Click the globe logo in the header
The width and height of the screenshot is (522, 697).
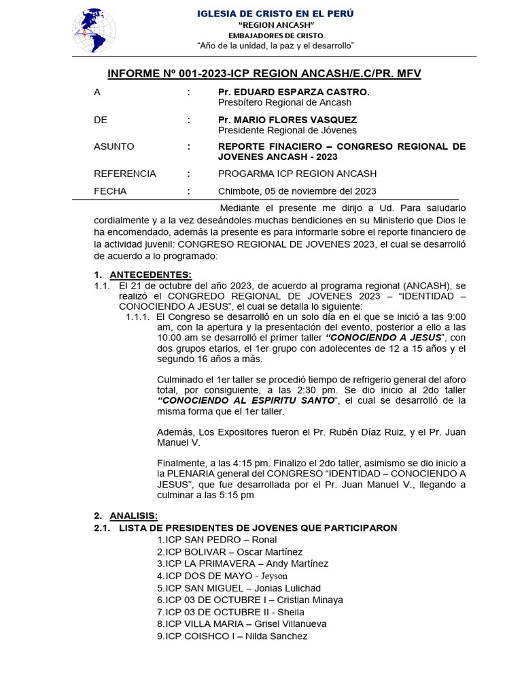pos(94,31)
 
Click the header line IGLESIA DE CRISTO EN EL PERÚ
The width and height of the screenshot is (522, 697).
pos(275,14)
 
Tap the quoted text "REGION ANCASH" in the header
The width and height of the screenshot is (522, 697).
pos(275,25)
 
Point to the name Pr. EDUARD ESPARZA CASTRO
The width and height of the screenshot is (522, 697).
pos(294,92)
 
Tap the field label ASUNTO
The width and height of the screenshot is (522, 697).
pos(114,146)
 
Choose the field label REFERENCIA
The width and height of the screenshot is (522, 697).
pos(125,174)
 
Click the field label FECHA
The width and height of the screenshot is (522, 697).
pos(110,191)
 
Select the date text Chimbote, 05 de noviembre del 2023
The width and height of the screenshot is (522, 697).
pos(297,191)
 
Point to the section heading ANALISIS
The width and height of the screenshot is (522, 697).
pos(133,515)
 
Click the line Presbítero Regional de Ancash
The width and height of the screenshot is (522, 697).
pos(285,103)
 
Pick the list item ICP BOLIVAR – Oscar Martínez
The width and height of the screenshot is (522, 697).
pos(230,552)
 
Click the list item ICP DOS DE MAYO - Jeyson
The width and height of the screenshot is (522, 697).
pos(222,576)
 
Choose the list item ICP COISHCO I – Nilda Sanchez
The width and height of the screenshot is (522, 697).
pos(232,636)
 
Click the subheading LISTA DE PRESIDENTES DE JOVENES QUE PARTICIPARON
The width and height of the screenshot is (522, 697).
pos(258,528)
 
